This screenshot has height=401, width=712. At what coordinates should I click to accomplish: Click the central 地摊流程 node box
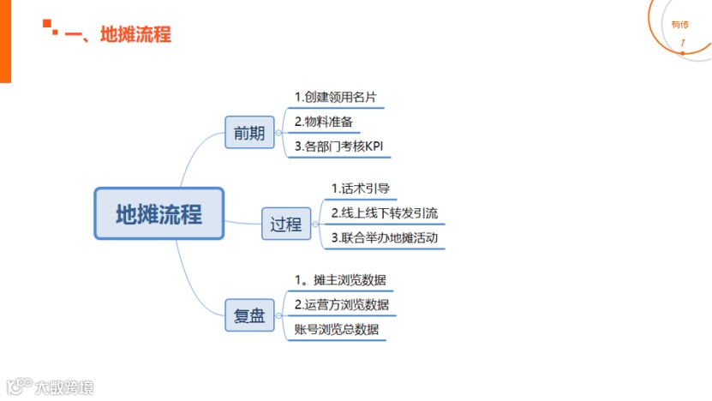159,213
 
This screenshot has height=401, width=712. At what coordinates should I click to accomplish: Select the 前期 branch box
249,134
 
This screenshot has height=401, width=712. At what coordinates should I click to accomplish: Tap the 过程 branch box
286,224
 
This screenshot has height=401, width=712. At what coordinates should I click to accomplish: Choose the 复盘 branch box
249,315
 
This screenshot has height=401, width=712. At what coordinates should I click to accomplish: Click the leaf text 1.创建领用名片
335,97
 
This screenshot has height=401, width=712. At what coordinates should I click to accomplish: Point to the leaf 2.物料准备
324,122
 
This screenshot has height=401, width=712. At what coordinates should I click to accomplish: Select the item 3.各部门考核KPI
338,147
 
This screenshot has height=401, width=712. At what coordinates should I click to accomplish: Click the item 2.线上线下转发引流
384,212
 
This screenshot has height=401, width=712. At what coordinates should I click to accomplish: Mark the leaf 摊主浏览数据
339,279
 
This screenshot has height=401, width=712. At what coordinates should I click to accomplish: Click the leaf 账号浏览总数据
336,329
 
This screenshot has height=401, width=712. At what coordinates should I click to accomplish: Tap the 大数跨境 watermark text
64,387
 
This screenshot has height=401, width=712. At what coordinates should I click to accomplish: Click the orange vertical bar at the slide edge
5,41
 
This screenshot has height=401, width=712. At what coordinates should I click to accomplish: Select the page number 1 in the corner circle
682,43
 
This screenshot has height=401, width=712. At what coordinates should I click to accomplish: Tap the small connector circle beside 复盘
279,315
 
